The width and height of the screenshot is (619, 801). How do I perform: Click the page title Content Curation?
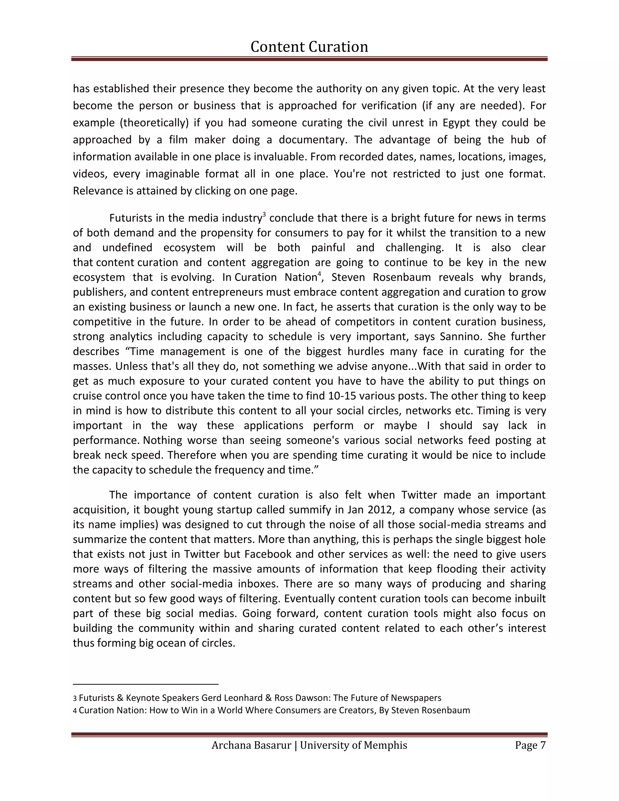coord(309,47)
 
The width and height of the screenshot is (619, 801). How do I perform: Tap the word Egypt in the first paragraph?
coord(456,123)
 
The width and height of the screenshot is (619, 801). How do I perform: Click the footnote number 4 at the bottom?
coord(75,711)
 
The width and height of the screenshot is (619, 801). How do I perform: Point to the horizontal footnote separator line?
coord(146,684)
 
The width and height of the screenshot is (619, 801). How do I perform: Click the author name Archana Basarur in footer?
coord(251,746)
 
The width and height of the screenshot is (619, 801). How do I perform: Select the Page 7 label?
coord(530,746)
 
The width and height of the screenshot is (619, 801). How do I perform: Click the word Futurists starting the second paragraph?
coord(131,218)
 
